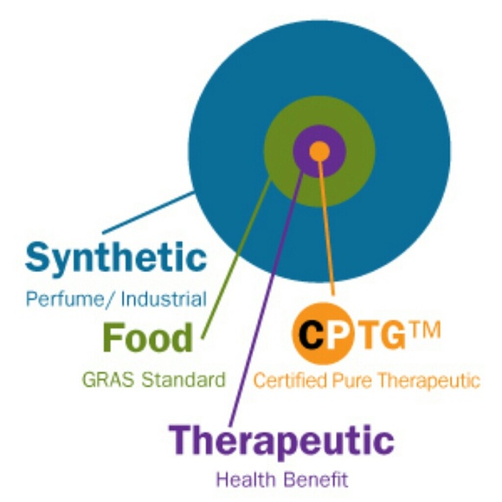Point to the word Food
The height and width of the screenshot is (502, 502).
[x=148, y=337]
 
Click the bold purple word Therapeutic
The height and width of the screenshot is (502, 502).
[x=282, y=441]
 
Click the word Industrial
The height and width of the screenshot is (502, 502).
[x=164, y=299]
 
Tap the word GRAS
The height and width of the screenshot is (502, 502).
[x=104, y=379]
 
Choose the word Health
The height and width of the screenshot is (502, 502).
[x=244, y=479]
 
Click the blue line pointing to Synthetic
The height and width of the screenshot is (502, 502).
[x=147, y=213]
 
